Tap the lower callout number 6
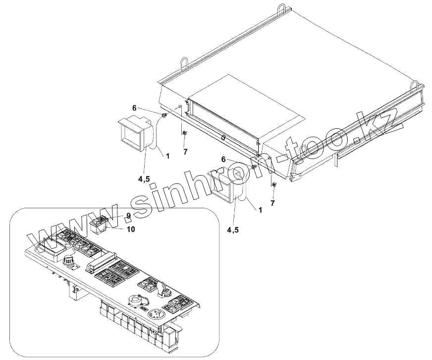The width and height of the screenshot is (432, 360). point(223,159)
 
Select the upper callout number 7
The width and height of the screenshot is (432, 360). point(185,151)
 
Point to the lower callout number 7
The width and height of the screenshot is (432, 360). point(272,203)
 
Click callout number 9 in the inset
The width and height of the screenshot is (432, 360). point(128,216)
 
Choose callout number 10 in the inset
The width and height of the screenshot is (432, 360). point(131,229)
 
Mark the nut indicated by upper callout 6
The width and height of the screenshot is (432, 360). point(163,116)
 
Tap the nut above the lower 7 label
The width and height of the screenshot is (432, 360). point(273,185)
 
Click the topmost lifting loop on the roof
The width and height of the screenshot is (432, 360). point(283,10)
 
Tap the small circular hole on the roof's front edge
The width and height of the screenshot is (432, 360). point(223,138)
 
